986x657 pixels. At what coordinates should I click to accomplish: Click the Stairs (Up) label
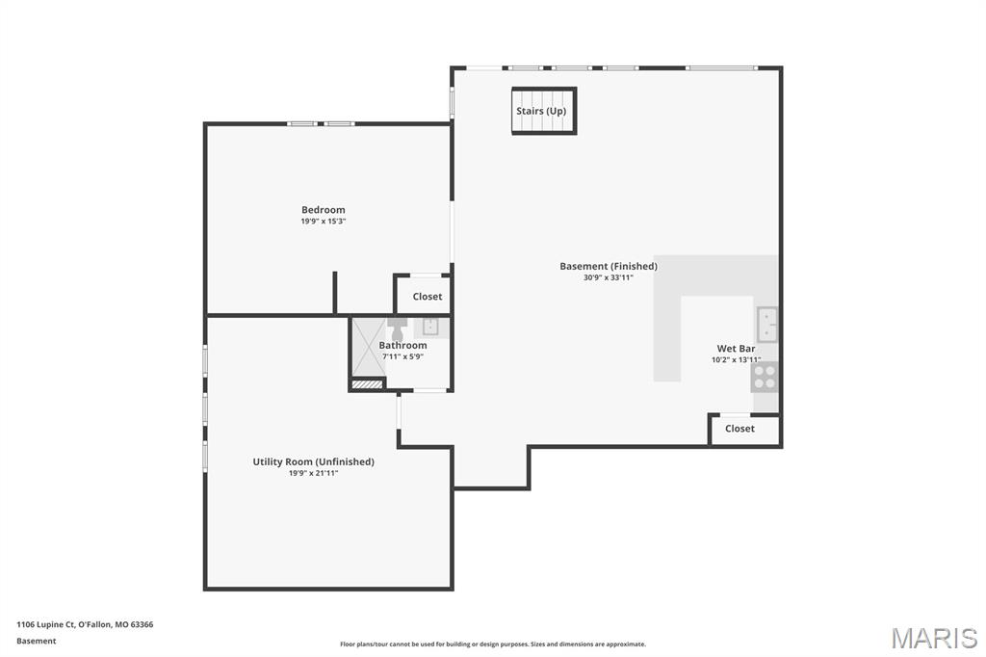[541, 111]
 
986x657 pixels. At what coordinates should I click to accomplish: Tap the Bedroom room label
[323, 210]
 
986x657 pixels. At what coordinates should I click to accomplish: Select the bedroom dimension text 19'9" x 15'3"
[323, 222]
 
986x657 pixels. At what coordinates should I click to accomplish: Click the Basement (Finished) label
[609, 266]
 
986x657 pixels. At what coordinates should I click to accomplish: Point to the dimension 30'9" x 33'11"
[609, 277]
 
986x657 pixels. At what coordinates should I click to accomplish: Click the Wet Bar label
[736, 349]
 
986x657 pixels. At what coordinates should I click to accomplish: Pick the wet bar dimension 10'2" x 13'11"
[736, 360]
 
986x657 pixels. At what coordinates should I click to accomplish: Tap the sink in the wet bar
[766, 325]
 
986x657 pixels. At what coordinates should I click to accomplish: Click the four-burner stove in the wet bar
[765, 377]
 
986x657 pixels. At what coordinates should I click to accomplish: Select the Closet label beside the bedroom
[428, 297]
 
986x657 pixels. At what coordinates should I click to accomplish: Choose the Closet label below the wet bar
[739, 429]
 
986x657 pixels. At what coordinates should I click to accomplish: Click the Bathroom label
[402, 345]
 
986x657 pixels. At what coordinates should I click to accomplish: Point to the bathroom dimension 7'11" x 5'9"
[402, 356]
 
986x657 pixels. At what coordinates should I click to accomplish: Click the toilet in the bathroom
[398, 327]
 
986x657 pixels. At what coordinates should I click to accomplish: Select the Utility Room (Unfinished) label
[313, 461]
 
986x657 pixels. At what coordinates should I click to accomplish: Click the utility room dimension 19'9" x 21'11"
[313, 473]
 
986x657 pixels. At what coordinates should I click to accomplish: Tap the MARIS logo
[933, 638]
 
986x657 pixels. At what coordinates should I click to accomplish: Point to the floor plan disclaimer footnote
[492, 644]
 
